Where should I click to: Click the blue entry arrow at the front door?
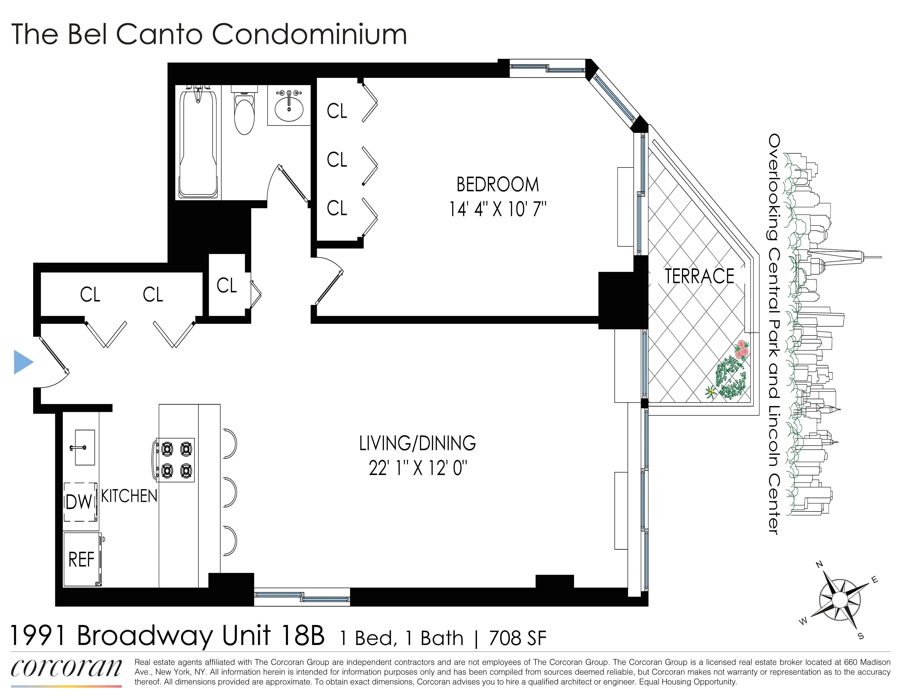click(x=23, y=362)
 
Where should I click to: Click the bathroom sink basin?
click(x=289, y=108)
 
